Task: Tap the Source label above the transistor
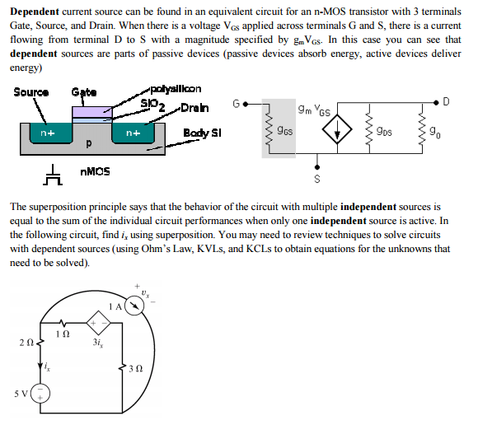point(30,91)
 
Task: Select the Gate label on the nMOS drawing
point(83,91)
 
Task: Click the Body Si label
point(202,132)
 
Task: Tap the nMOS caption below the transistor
point(96,171)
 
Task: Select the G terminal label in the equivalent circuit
point(237,104)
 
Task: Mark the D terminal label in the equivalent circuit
point(446,102)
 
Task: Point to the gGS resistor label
point(284,130)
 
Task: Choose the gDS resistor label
point(384,130)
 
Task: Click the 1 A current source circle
point(134,306)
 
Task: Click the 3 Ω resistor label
point(134,369)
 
